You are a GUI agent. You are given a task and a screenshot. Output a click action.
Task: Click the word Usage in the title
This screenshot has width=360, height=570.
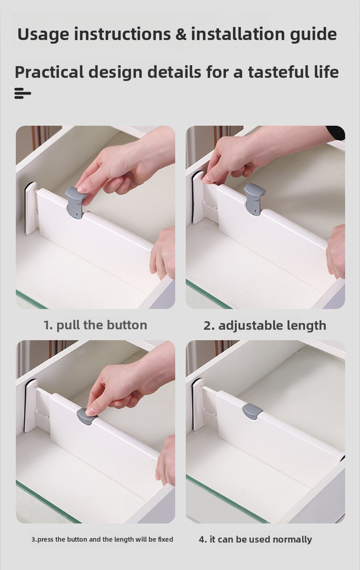(x=43, y=34)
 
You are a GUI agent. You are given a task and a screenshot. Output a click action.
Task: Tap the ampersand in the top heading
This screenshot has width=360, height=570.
(x=181, y=34)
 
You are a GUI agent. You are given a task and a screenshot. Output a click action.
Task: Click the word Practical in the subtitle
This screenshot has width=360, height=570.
(x=49, y=72)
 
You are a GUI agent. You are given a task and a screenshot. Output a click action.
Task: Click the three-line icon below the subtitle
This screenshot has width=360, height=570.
(x=22, y=94)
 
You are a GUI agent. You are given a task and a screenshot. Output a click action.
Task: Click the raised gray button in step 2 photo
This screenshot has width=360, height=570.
(x=255, y=199)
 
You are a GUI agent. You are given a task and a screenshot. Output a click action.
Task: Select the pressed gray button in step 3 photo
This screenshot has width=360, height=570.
(x=86, y=417)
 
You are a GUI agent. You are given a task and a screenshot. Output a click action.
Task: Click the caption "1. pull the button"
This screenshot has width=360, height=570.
(x=95, y=325)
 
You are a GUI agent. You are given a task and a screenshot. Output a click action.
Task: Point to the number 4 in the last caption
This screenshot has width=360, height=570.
(x=202, y=539)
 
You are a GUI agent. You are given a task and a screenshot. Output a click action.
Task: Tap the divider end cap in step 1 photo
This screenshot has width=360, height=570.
(x=30, y=208)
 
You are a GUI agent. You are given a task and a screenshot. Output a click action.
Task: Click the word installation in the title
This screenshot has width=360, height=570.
(x=238, y=34)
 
